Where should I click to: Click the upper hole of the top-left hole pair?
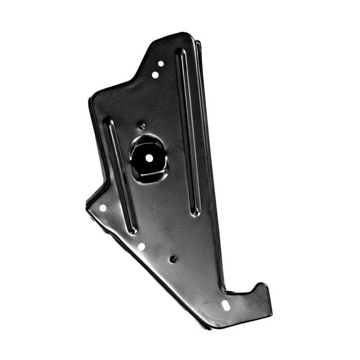pyautogui.click(x=160, y=64)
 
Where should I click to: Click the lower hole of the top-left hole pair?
pyautogui.click(x=155, y=75)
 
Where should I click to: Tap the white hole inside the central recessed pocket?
pyautogui.click(x=149, y=158)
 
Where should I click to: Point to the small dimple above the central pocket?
pyautogui.click(x=143, y=125)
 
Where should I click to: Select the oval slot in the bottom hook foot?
pyautogui.click(x=226, y=305)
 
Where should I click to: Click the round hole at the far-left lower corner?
pyautogui.click(x=102, y=208)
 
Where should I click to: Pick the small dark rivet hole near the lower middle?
pyautogui.click(x=173, y=259)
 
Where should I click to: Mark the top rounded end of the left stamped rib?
pyautogui.click(x=109, y=122)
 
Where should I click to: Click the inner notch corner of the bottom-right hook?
pyautogui.click(x=227, y=291)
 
